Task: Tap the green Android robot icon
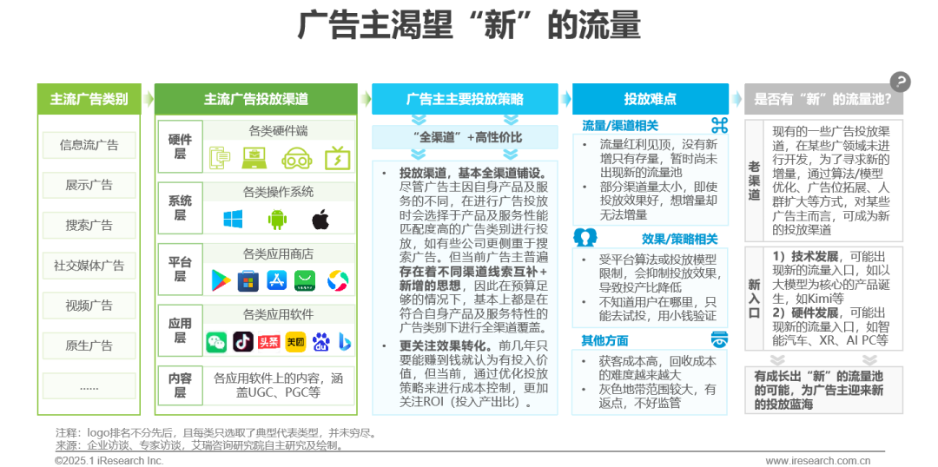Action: [x=277, y=219]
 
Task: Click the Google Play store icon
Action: [x=221, y=280]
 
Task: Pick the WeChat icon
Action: [x=215, y=342]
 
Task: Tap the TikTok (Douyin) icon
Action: [x=242, y=342]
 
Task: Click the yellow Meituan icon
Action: [x=294, y=342]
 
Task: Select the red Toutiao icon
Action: [x=268, y=342]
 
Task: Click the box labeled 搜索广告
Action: [x=89, y=225]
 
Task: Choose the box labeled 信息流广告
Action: [x=89, y=145]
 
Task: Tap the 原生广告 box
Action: [x=89, y=345]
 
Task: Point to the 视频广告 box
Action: [x=89, y=306]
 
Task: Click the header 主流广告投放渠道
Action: [x=255, y=99]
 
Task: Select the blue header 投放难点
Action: [x=650, y=99]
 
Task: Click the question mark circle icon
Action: [x=901, y=82]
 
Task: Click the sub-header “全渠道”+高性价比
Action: [x=466, y=137]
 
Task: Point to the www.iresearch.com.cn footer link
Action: [x=817, y=460]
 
